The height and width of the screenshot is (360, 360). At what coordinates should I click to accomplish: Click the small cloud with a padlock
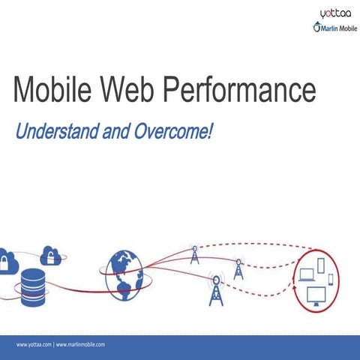click(x=51, y=255)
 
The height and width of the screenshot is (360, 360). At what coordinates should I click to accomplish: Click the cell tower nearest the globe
click(x=195, y=255)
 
